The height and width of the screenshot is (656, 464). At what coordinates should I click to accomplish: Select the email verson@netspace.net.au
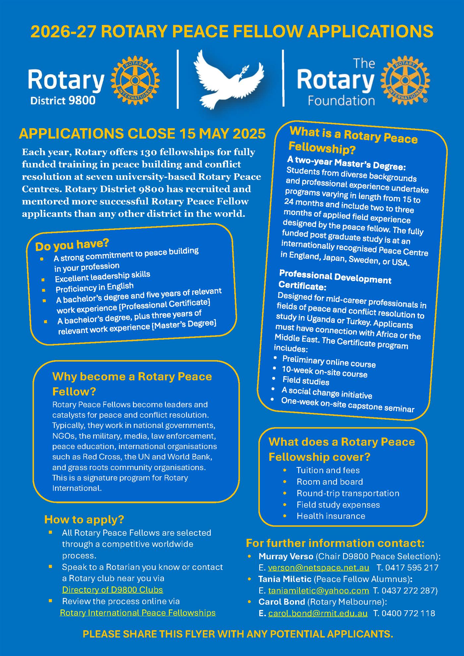318,568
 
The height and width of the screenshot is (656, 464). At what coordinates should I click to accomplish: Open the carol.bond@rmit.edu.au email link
318,613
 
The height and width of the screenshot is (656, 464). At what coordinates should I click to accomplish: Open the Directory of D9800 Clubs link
112,590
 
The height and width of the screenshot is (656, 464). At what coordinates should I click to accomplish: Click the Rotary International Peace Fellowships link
138,613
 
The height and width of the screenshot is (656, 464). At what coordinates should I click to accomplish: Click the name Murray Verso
286,556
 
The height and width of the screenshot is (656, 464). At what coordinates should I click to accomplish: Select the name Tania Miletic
285,579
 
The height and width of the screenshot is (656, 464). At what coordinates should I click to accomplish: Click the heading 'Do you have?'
72,245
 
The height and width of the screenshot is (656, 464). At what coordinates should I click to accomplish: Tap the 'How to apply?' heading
84,519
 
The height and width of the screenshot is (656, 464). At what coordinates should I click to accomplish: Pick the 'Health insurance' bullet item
331,516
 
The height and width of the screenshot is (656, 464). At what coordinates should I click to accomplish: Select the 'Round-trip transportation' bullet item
348,493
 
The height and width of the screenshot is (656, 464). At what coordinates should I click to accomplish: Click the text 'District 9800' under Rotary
63,100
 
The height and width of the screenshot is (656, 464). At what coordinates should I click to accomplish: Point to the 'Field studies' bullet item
306,381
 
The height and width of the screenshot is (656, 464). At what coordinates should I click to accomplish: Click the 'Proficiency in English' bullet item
94,287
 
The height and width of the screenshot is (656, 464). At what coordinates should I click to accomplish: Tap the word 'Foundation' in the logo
341,100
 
